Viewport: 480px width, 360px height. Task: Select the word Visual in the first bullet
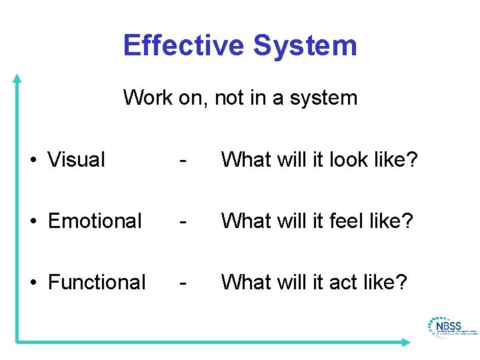[77, 160]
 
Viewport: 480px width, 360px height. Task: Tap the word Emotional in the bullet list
[95, 221]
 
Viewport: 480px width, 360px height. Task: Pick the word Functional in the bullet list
[97, 282]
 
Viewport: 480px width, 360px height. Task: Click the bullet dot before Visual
[32, 161]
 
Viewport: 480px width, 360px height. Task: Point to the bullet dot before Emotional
[32, 221]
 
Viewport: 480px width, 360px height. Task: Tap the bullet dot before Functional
[32, 283]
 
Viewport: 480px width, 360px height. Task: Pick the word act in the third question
[343, 283]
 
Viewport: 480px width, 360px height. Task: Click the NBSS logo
[451, 327]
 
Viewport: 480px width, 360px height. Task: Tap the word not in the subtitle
[230, 98]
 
